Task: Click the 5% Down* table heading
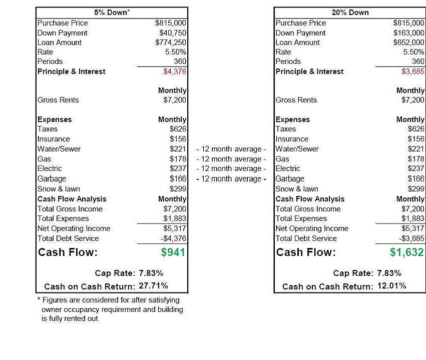[x=112, y=12]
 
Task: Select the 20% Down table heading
[x=349, y=12]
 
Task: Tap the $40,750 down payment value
[x=173, y=33]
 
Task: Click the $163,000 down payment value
[x=409, y=33]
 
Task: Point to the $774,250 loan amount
[x=171, y=42]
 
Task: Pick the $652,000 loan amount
[x=409, y=42]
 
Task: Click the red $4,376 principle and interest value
[x=175, y=71]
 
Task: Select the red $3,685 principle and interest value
[x=413, y=71]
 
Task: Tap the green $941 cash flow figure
[x=173, y=252]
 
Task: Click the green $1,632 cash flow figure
[x=407, y=252]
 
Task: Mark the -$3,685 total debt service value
[x=411, y=238]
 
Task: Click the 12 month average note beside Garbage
[x=231, y=179]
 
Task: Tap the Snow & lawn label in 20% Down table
[x=297, y=189]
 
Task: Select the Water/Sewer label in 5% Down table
[x=59, y=149]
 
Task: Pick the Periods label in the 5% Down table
[x=50, y=61]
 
